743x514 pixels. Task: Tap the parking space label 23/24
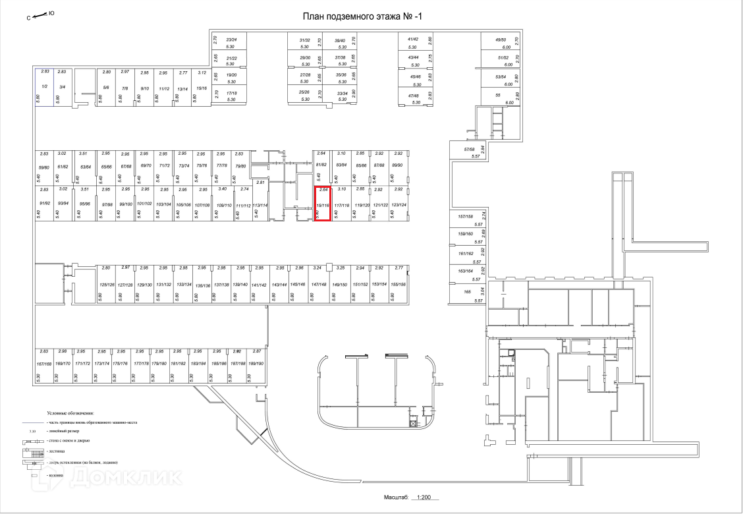pyautogui.click(x=231, y=40)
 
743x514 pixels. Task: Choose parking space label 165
pyautogui.click(x=467, y=291)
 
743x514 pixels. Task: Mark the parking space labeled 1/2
pyautogui.click(x=45, y=86)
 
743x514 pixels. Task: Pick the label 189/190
pyautogui.click(x=256, y=363)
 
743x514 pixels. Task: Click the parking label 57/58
pyautogui.click(x=469, y=150)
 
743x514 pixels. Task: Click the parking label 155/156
pyautogui.click(x=398, y=284)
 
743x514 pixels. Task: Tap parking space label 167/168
pyautogui.click(x=44, y=363)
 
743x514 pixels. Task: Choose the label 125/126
pyautogui.click(x=106, y=284)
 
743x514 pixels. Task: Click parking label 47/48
pyautogui.click(x=414, y=96)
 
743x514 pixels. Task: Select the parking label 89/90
pyautogui.click(x=397, y=165)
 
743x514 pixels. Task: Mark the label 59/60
pyautogui.click(x=44, y=167)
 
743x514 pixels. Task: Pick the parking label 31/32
pyautogui.click(x=304, y=40)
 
